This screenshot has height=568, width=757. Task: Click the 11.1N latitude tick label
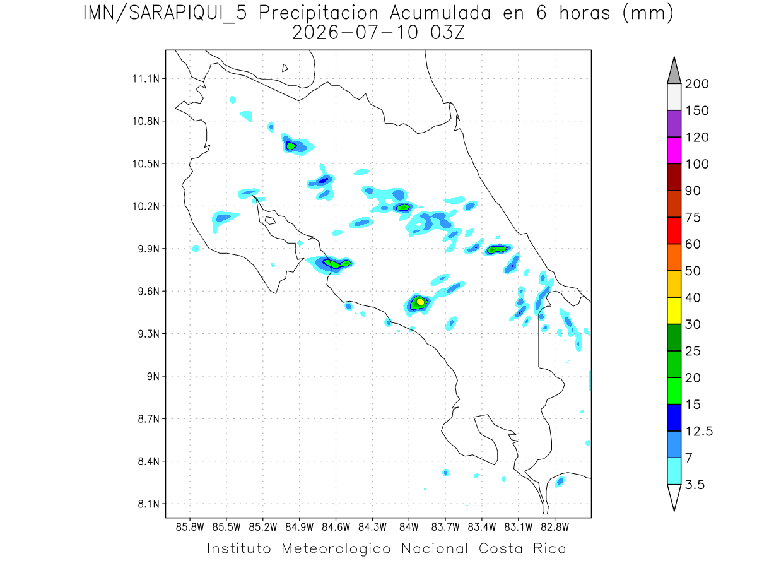pyautogui.click(x=146, y=79)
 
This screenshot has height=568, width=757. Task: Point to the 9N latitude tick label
pyautogui.click(x=153, y=376)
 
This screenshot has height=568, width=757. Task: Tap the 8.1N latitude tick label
pyautogui.click(x=149, y=504)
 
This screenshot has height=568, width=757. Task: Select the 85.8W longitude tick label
pyautogui.click(x=190, y=527)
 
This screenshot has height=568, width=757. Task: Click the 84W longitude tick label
pyautogui.click(x=409, y=527)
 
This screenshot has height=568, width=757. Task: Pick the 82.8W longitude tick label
pyautogui.click(x=555, y=527)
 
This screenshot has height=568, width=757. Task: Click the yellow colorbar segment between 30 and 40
pyautogui.click(x=674, y=311)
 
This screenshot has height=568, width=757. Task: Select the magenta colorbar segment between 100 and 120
pyautogui.click(x=674, y=150)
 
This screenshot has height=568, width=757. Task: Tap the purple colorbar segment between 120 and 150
pyautogui.click(x=674, y=124)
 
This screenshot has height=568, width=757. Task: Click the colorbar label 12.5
pyautogui.click(x=699, y=432)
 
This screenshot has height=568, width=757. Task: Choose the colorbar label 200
pyautogui.click(x=696, y=84)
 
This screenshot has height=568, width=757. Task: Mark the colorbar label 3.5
pyautogui.click(x=695, y=485)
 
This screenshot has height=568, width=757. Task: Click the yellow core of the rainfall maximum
pyautogui.click(x=420, y=302)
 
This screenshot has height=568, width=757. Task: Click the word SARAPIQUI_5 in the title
pyautogui.click(x=188, y=13)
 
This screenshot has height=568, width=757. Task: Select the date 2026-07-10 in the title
pyautogui.click(x=355, y=33)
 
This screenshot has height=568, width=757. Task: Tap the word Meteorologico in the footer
pyautogui.click(x=336, y=549)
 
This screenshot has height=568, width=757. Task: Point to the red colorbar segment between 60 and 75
pyautogui.click(x=674, y=231)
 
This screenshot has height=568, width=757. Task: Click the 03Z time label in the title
pyautogui.click(x=447, y=33)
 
